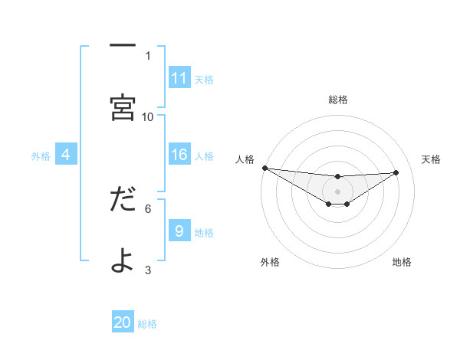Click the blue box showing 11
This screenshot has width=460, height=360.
coord(179,77)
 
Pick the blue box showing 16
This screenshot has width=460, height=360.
coord(179,155)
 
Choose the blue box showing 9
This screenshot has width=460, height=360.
coord(179,231)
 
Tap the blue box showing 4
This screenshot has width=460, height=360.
coord(66,155)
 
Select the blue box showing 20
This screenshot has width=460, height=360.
coord(123,322)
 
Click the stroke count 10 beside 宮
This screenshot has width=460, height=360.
coord(148,116)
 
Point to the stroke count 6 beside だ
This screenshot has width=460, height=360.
coord(148,208)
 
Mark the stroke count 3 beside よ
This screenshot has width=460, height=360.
coord(148,269)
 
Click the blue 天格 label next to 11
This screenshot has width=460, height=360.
coord(204,79)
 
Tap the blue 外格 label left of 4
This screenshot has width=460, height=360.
coord(41,156)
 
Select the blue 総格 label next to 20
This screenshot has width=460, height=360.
coord(147,324)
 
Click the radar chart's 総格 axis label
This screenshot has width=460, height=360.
coord(338,100)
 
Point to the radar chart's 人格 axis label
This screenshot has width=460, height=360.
coord(245,159)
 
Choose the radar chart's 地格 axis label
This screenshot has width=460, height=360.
coord(402,263)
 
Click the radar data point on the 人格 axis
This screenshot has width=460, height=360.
coord(264,168)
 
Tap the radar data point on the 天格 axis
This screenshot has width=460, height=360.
coord(396,172)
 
